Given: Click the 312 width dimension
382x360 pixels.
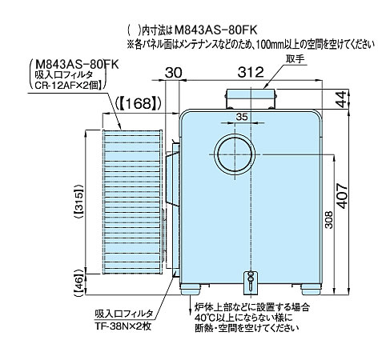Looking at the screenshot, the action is point(251,72).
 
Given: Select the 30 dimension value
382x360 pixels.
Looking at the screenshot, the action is point(174,72).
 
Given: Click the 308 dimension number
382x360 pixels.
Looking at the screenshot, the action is point(330,220).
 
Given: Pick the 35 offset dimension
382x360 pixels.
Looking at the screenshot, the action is point(242,117).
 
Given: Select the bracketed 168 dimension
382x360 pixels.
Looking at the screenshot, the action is point(139,103).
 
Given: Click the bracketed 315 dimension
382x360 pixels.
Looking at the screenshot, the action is point(79,202).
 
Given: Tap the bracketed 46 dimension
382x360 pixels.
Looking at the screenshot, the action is point(78,282).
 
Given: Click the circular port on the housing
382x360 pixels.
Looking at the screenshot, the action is point(235,154).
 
